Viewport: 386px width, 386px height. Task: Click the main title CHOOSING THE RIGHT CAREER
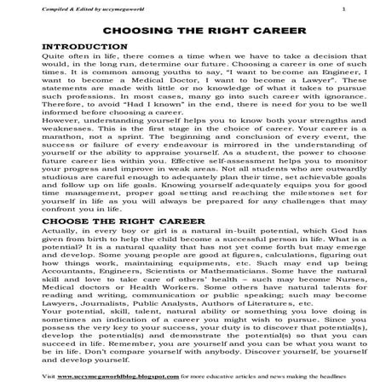pyautogui.click(x=193, y=31)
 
